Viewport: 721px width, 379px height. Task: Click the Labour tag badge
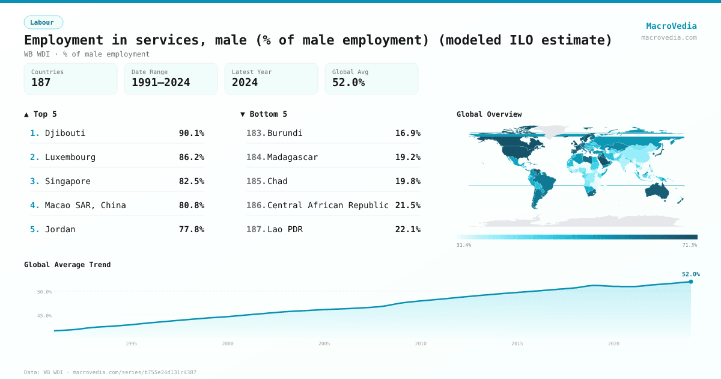tap(43, 22)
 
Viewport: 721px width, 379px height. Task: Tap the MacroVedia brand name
tap(671, 26)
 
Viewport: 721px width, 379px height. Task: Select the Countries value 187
tap(41, 82)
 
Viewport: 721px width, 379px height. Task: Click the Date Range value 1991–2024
tap(160, 82)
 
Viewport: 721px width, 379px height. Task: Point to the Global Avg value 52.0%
tap(348, 82)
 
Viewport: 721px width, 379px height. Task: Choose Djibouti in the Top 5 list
tap(65, 133)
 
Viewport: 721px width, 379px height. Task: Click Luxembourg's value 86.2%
tap(191, 157)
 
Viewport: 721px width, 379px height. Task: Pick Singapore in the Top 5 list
tap(67, 181)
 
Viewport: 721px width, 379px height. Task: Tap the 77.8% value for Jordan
tap(191, 229)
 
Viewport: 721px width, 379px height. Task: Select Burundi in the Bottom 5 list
tap(285, 133)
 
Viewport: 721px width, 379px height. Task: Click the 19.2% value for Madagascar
tap(407, 157)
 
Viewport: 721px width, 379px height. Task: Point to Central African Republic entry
tap(327, 205)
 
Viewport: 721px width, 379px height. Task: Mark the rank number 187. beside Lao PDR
tap(256, 229)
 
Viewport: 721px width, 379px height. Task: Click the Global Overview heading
tap(489, 114)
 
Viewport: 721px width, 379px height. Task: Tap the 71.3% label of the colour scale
tap(690, 245)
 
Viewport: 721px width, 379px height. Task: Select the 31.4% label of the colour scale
tap(464, 245)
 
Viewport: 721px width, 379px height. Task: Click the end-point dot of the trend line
tap(690, 282)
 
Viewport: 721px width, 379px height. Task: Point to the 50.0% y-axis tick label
tap(44, 292)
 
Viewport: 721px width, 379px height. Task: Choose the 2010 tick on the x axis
tap(421, 344)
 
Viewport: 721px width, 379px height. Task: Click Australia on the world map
tap(656, 191)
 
